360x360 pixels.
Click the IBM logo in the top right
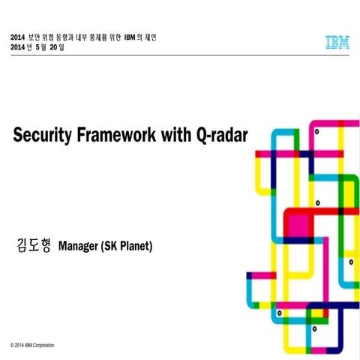tap(337, 43)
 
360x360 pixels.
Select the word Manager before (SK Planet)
tap(83, 246)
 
